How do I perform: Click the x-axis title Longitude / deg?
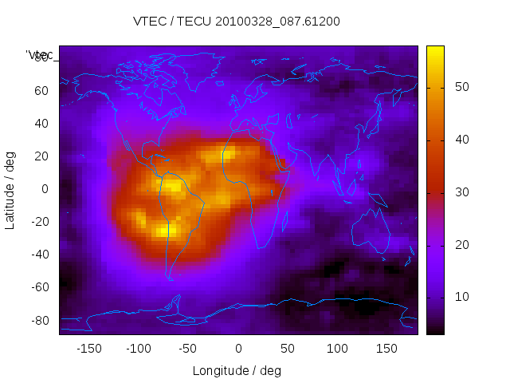click(237, 370)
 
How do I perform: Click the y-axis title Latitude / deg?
click(10, 189)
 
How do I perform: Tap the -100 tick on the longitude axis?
click(138, 349)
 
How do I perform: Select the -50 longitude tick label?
click(188, 349)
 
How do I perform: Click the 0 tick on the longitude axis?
click(238, 349)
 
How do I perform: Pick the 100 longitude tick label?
click(337, 349)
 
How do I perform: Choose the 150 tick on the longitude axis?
click(386, 349)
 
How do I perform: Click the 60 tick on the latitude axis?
click(41, 90)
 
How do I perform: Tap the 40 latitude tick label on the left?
click(41, 123)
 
